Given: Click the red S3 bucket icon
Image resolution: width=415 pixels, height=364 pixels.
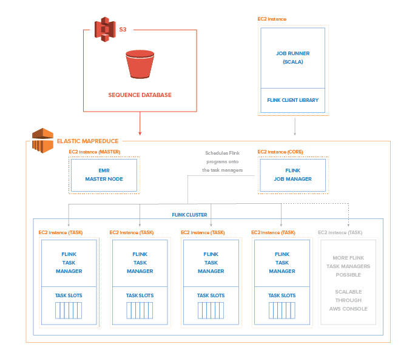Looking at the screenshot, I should pyautogui.click(x=140, y=64).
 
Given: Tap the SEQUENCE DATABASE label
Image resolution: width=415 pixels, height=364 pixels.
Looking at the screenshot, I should pyautogui.click(x=140, y=95).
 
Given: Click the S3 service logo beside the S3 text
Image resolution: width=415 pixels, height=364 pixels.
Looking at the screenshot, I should pyautogui.click(x=104, y=29).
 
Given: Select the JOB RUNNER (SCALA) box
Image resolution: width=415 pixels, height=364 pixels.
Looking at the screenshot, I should pyautogui.click(x=293, y=58).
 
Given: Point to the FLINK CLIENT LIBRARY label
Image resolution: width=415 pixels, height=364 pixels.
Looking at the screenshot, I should pyautogui.click(x=293, y=100).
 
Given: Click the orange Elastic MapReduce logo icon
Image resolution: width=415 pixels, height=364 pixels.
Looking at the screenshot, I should pyautogui.click(x=42, y=140).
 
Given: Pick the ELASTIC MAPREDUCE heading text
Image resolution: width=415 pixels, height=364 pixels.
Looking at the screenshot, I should pyautogui.click(x=87, y=141).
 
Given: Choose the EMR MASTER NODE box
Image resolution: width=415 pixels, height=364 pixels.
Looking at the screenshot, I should pyautogui.click(x=104, y=175).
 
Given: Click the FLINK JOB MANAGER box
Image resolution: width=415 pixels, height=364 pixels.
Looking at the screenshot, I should pyautogui.click(x=293, y=175).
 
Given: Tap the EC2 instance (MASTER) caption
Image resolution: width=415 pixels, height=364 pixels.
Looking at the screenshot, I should pyautogui.click(x=94, y=152).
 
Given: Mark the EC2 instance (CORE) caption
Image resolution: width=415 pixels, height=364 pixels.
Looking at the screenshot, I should pyautogui.click(x=280, y=152).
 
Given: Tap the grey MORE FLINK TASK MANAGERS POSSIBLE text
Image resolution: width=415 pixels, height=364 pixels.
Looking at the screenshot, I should pyautogui.click(x=348, y=266).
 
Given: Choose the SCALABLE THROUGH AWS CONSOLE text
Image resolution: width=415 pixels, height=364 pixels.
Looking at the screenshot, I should pyautogui.click(x=348, y=300).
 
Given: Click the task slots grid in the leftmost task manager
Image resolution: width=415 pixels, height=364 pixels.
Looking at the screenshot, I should pyautogui.click(x=69, y=310).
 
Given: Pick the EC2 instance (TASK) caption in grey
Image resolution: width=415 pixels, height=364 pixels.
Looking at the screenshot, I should pyautogui.click(x=340, y=232).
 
